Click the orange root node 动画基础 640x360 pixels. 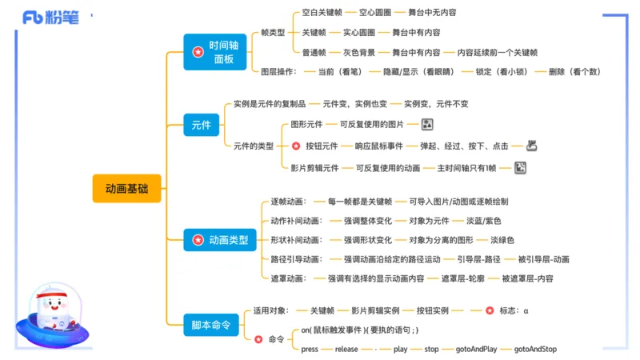pos(126,189)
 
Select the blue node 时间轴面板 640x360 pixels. pos(216,52)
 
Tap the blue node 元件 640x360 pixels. pos(202,125)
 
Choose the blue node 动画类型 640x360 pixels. pos(220,239)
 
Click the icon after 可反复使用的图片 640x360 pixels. pos(427,125)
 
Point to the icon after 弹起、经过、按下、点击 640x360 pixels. pos(530,146)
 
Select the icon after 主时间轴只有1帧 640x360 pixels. pos(519,167)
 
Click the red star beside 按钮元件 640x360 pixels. pos(296,146)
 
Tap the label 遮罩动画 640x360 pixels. pos(287,278)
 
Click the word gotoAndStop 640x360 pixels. pos(535,349)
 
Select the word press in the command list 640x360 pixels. pos(310,349)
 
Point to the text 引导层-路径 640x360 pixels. pos(478,259)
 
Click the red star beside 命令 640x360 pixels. pos(258,339)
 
